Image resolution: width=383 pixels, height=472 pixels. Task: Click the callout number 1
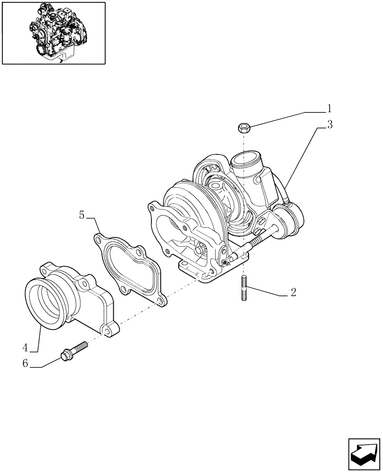[330, 109]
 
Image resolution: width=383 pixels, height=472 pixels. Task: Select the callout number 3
[330, 125]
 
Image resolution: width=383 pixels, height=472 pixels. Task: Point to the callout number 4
[25, 348]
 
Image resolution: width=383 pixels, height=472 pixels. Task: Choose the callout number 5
[82, 215]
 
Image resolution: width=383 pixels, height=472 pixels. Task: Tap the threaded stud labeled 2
[245, 290]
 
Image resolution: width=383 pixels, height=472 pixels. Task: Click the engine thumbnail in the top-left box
[53, 33]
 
